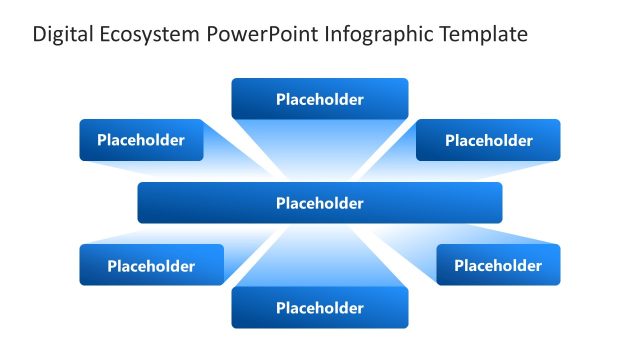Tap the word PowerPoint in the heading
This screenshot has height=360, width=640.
click(x=263, y=35)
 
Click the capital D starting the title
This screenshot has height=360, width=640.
click(x=39, y=35)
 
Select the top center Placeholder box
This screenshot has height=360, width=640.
click(x=320, y=99)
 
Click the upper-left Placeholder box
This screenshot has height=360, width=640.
click(x=141, y=140)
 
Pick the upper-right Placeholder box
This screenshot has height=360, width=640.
click(x=488, y=140)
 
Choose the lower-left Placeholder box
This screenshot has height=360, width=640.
click(x=151, y=265)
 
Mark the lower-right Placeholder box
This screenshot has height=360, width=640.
click(x=498, y=265)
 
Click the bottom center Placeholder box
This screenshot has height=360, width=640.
click(x=320, y=308)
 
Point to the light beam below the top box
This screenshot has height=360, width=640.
click(x=320, y=150)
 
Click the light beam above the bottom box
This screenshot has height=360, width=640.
click(x=320, y=255)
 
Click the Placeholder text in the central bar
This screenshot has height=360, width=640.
click(x=320, y=203)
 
